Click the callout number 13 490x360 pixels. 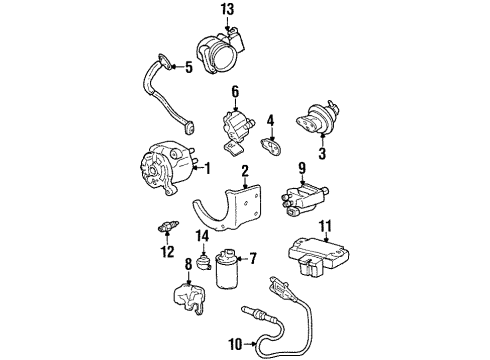[228, 10]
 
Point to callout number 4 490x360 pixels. [270, 121]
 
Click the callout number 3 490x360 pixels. [323, 153]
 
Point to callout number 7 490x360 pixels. [251, 259]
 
